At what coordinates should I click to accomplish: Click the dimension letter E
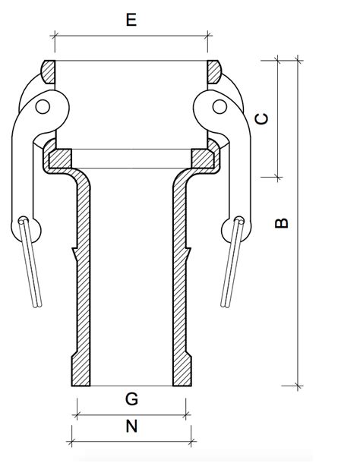click(131, 20)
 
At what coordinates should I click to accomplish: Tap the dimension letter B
click(282, 222)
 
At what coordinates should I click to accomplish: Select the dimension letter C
click(261, 118)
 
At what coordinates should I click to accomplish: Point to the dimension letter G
click(131, 398)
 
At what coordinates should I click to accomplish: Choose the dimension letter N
click(131, 427)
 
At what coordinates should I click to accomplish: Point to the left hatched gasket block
click(59, 158)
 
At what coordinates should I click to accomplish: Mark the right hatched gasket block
click(203, 158)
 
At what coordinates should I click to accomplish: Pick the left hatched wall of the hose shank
click(81, 288)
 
